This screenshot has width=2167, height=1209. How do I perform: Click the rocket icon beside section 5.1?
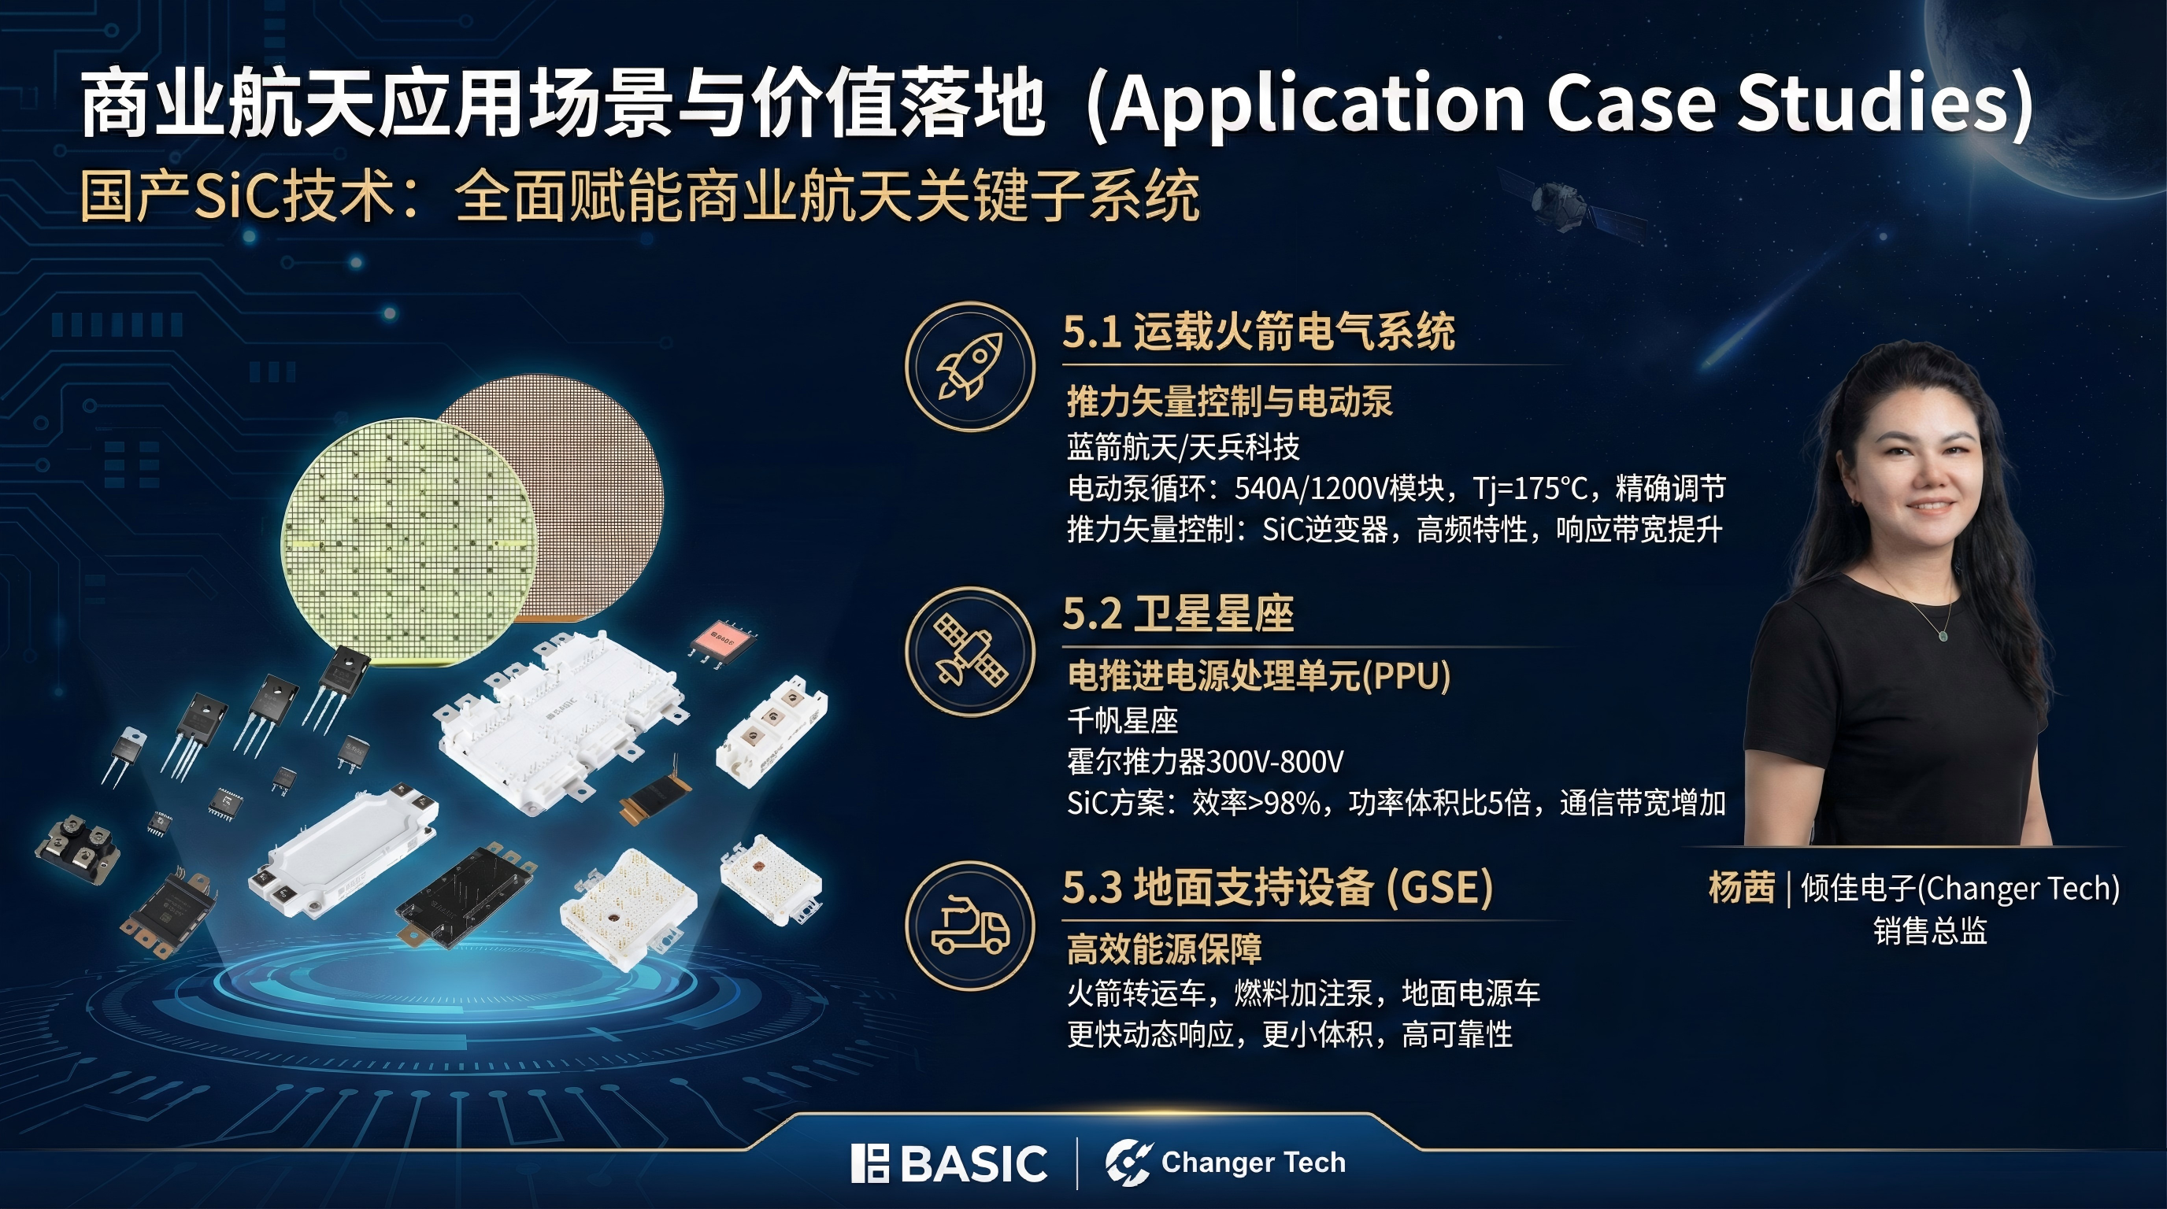coord(969,367)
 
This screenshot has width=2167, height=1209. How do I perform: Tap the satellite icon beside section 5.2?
coord(969,651)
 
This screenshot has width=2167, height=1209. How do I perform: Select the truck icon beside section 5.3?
coord(969,925)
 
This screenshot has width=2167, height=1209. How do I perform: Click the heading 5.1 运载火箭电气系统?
coord(1258,331)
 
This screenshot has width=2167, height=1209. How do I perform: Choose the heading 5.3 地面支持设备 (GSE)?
coord(1278,887)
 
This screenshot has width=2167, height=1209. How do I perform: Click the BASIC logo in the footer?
coord(949,1163)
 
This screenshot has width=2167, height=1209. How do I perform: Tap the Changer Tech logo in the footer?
coord(1224,1163)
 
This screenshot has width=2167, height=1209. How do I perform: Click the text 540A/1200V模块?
coord(1339,488)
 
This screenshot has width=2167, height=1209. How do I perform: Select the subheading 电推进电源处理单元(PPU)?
coord(1258,675)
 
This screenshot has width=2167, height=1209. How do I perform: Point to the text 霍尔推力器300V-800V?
coord(1205,762)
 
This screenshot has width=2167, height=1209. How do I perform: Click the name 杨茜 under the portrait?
coord(1741,888)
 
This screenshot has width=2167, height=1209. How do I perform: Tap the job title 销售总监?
coord(1930,930)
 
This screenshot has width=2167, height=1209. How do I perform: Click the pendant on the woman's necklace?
coord(1943,634)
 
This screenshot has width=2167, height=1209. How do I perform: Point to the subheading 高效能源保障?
coord(1165,949)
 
